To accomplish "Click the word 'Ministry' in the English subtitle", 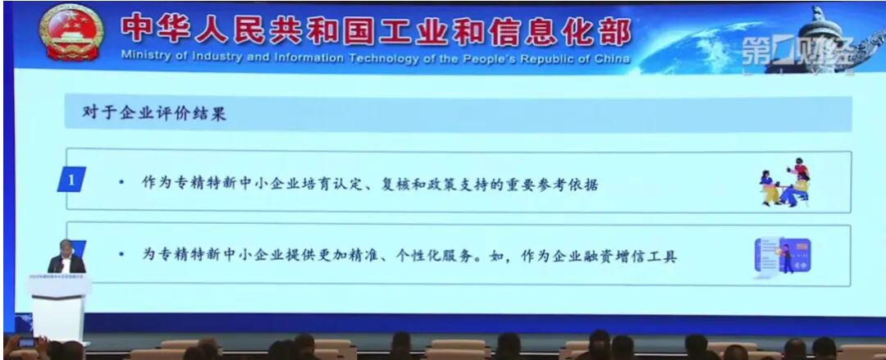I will pyautogui.click(x=143, y=59).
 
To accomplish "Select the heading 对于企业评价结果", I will pyautogui.click(x=154, y=114).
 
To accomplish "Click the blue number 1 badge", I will pyautogui.click(x=72, y=179).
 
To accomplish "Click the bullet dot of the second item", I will pyautogui.click(x=121, y=255).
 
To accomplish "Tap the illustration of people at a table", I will pyautogui.click(x=785, y=182).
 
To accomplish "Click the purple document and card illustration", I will pyautogui.click(x=782, y=255).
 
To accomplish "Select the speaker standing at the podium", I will pyautogui.click(x=66, y=257).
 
